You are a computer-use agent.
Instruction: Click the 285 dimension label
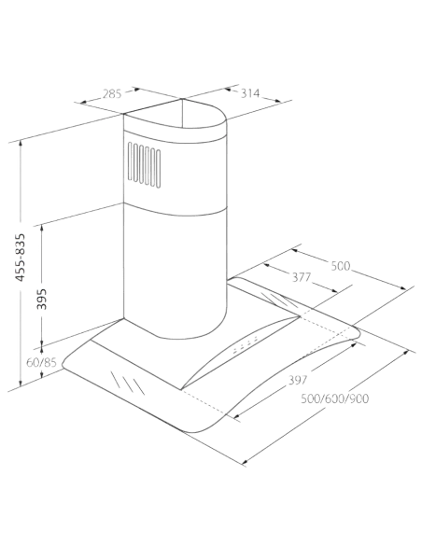112,94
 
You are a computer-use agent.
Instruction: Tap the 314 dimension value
250,93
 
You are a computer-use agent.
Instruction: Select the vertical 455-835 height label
21,258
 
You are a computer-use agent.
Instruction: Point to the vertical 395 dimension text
42,299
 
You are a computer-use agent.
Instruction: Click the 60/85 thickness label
41,362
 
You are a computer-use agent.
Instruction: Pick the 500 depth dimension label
341,266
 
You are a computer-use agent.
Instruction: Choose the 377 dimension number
302,277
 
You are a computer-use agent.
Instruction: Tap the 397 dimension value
298,380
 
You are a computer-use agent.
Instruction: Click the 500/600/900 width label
335,398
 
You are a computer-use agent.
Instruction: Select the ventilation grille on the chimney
145,165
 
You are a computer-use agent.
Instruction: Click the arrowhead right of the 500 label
403,287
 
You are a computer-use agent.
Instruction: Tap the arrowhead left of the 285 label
83,103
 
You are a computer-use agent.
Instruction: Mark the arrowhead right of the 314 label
277,101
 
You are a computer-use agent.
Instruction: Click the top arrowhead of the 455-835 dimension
21,143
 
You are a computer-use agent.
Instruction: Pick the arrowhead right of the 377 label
334,290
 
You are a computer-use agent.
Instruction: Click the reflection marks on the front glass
128,383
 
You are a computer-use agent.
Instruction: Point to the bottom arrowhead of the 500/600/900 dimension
245,462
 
